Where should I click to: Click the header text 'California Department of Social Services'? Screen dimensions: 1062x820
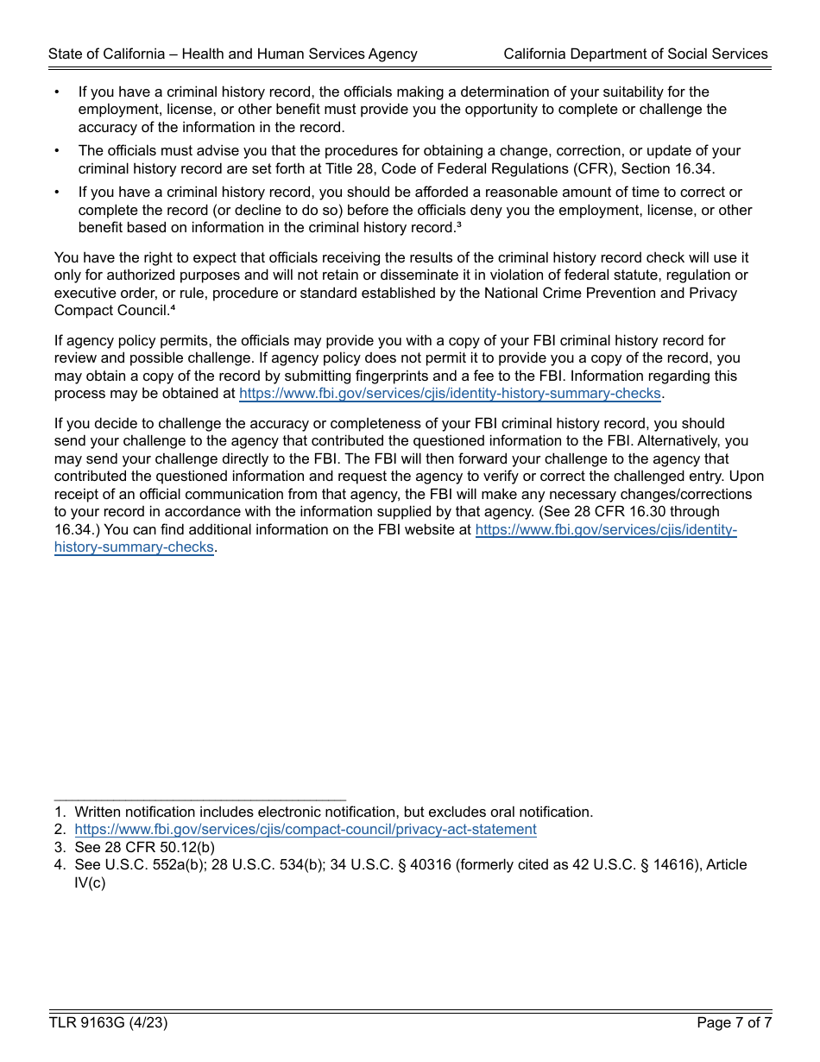coord(635,54)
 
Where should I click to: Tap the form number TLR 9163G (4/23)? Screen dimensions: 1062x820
coord(108,1023)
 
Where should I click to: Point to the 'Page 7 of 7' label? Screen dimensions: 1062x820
coord(734,1023)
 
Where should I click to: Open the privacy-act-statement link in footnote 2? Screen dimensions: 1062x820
coord(306,829)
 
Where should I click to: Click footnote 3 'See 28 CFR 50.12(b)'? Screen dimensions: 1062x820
coord(144,847)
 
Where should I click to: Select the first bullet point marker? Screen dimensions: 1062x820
coord(58,92)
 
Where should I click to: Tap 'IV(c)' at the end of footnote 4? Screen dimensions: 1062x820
coord(90,882)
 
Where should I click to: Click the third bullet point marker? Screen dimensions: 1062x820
coord(58,192)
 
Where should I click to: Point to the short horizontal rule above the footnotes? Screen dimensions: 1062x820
coord(199,800)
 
